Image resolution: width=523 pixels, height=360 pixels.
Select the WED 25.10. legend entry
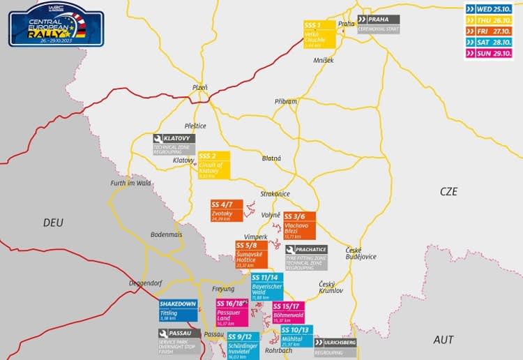pyautogui.click(x=492, y=9)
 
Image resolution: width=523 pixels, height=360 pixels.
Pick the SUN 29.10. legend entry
pyautogui.click(x=492, y=54)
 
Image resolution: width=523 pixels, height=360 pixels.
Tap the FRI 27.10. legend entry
pyautogui.click(x=492, y=31)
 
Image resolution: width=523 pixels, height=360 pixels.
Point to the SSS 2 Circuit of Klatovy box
pyautogui.click(x=213, y=165)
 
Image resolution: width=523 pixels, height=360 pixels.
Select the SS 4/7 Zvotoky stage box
pyautogui.click(x=226, y=211)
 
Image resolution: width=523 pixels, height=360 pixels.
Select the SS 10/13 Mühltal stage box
pyautogui.click(x=296, y=336)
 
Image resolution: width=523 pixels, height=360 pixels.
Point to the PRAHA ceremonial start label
pyautogui.click(x=378, y=24)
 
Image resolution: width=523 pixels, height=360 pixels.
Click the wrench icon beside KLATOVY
pyautogui.click(x=159, y=139)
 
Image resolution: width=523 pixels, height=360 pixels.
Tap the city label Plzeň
pyautogui.click(x=200, y=87)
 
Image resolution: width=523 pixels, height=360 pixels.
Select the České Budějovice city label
pyautogui.click(x=361, y=253)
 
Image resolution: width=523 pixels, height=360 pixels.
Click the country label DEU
pyautogui.click(x=53, y=223)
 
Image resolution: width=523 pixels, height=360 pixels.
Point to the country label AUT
pyautogui.click(x=444, y=340)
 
